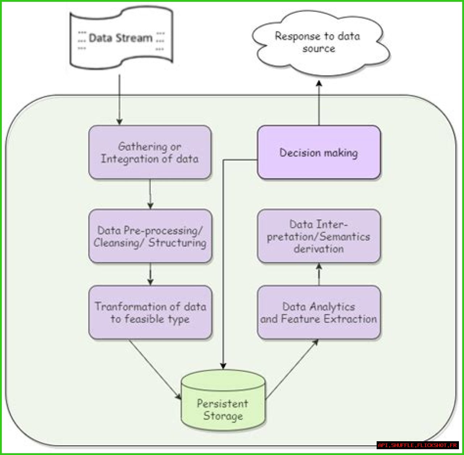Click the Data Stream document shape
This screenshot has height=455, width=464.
pos(121,38)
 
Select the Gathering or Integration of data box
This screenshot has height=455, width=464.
pos(150,153)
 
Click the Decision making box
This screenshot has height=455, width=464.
pos(319,153)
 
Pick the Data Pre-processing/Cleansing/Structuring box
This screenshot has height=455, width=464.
pos(150,236)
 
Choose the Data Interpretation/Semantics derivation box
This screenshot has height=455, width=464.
pos(319,236)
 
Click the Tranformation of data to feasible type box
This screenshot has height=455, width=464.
pos(150,313)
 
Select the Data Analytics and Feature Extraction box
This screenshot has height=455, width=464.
pos(319,313)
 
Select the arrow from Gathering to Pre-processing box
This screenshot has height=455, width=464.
pos(150,194)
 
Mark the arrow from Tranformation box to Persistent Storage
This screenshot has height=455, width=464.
pos(155,369)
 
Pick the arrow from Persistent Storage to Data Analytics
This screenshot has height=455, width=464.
pos(292,370)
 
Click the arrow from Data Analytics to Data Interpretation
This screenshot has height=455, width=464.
pos(319,274)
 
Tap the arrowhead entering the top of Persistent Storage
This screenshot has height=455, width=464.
pos(223,366)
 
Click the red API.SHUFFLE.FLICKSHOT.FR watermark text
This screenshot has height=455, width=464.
pos(418,445)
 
